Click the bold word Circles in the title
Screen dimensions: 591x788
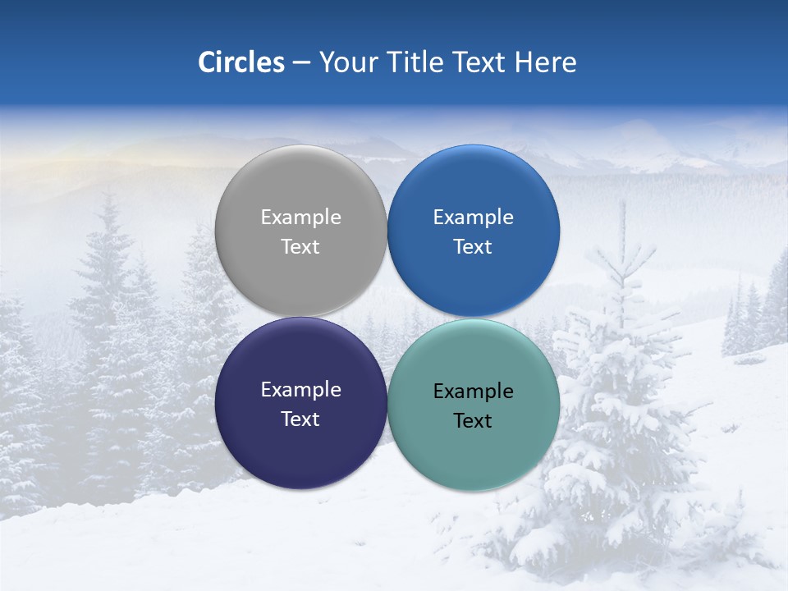(x=241, y=62)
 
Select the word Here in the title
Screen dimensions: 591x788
(x=545, y=62)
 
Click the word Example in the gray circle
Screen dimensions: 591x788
(x=300, y=218)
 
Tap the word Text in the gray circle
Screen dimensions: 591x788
(x=300, y=247)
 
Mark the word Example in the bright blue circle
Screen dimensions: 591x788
(x=473, y=218)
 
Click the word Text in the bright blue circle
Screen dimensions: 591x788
(x=473, y=247)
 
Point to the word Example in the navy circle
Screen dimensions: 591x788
(x=300, y=390)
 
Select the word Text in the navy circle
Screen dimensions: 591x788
(x=300, y=419)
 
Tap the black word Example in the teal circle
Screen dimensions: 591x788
(x=473, y=392)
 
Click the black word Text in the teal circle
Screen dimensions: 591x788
(x=473, y=421)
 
